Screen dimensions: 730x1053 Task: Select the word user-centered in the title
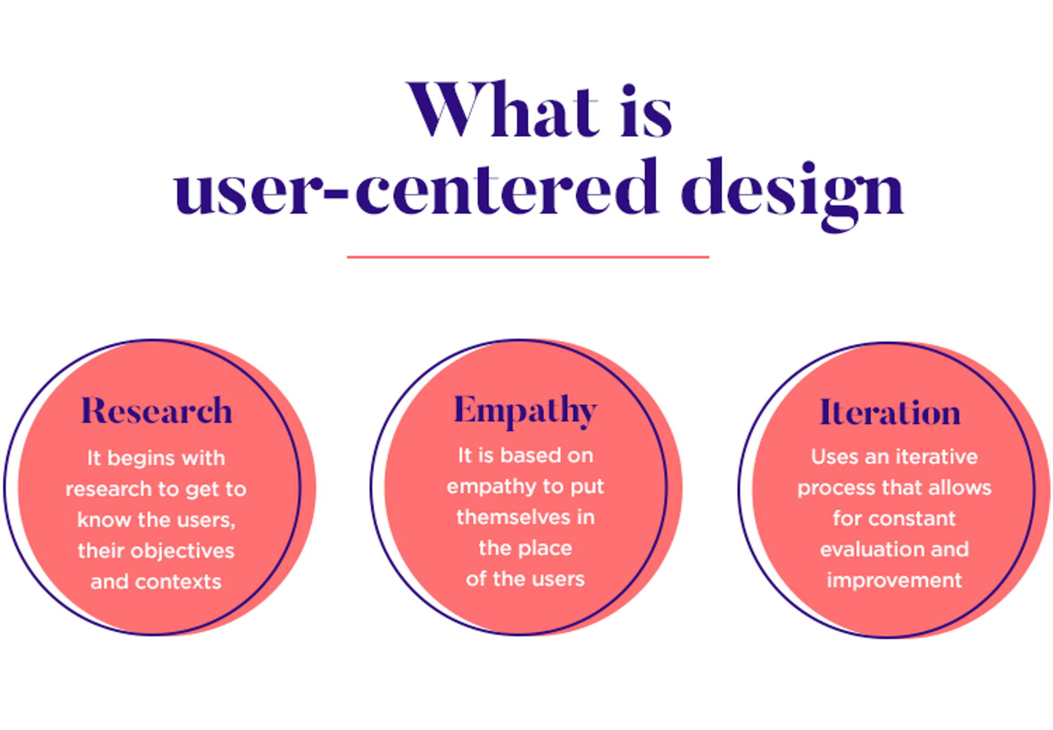pos(415,189)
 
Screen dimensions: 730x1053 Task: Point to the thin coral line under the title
pos(528,257)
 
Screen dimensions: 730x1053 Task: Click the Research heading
pos(156,411)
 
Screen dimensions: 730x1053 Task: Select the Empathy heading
pos(525,410)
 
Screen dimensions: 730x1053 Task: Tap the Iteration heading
pos(890,412)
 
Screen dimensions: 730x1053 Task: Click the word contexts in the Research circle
pos(178,581)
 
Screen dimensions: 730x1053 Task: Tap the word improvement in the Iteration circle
pos(894,580)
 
